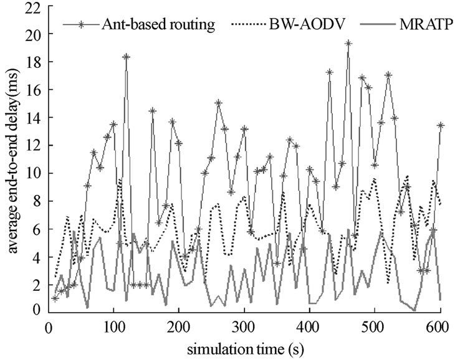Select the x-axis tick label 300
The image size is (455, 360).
coord(244,326)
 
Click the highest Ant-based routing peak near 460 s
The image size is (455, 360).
coord(348,44)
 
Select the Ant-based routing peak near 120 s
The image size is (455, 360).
coord(127,57)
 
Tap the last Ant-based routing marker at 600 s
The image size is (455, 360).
coord(441,125)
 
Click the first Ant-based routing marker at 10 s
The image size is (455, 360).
coord(55,298)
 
